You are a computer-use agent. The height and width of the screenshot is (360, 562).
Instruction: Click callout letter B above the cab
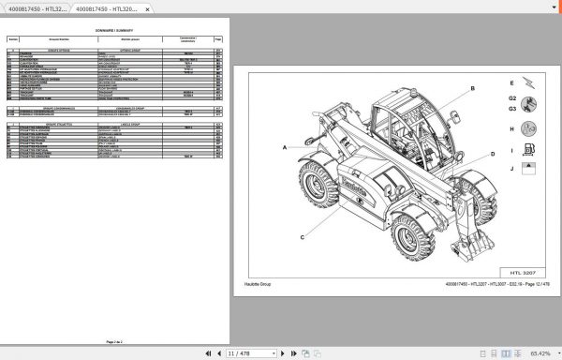pyautogui.click(x=472, y=88)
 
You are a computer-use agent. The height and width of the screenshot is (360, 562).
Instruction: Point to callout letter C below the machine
pyautogui.click(x=303, y=238)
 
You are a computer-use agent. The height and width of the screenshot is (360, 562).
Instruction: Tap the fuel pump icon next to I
pyautogui.click(x=529, y=150)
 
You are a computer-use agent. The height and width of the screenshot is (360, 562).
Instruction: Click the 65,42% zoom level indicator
pyautogui.click(x=540, y=353)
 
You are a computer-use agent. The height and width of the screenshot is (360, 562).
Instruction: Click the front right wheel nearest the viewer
pyautogui.click(x=412, y=237)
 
